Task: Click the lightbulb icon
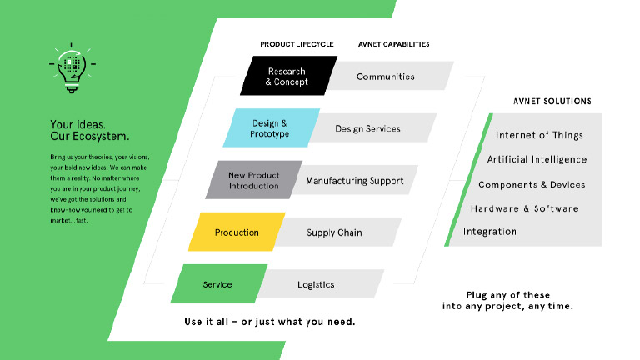(72, 67)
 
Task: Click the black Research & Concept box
(287, 77)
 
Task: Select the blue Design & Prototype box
(270, 128)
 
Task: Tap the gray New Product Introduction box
(253, 180)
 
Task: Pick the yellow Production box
(237, 232)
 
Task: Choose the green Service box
(217, 285)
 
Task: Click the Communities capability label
(386, 77)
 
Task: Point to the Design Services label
(367, 128)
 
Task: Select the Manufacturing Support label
(354, 181)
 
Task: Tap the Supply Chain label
(334, 232)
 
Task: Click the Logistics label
(316, 285)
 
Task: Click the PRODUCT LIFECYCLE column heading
(297, 44)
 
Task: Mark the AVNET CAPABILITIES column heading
(394, 44)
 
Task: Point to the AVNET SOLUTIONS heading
(552, 102)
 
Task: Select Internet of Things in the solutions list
(539, 135)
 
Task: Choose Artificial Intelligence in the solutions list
(537, 159)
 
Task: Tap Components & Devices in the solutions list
(532, 184)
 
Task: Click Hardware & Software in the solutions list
(524, 208)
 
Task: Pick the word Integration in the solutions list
(490, 232)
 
